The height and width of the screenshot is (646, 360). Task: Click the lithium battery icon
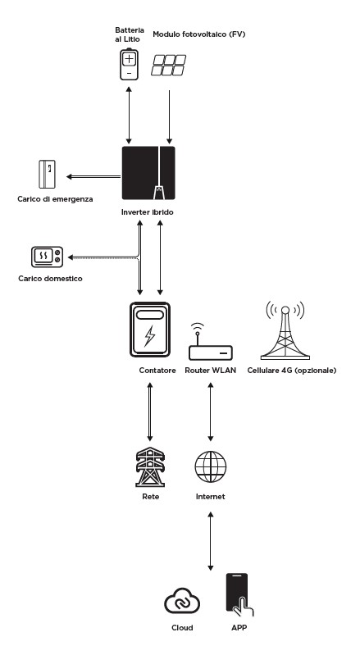coord(129,64)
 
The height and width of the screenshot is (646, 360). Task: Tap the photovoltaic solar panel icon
coord(168,65)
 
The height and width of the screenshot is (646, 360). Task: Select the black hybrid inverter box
coord(148,173)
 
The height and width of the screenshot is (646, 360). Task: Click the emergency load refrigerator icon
coord(47,174)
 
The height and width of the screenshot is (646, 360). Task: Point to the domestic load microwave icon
coord(47,257)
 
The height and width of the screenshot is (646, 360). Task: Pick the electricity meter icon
coord(150,330)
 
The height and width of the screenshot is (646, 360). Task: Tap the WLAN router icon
coord(211,342)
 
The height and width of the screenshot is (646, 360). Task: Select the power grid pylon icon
coord(150,466)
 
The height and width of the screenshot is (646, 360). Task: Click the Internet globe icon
coord(211,466)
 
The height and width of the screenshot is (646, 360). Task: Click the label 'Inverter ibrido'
coord(148,212)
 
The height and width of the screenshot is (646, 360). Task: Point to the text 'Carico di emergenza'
coord(55,199)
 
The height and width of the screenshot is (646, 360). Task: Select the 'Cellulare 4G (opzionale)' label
coord(292,371)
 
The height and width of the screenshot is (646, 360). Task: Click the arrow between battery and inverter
coord(129,115)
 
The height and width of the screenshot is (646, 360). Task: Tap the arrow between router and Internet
coord(211,412)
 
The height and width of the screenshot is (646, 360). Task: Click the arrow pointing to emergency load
coord(93,177)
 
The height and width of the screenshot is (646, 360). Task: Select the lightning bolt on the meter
coord(149,336)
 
